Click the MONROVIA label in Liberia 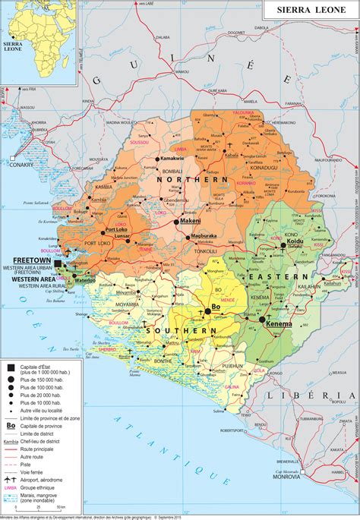286,500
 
